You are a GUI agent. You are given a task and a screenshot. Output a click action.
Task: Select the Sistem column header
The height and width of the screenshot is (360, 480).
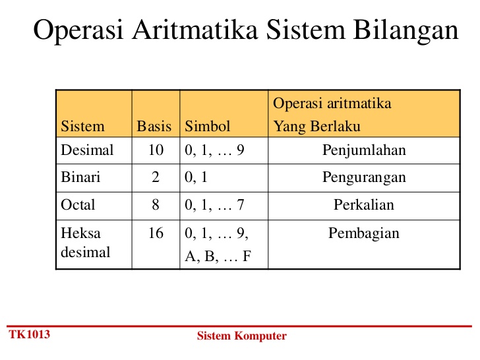click(82, 126)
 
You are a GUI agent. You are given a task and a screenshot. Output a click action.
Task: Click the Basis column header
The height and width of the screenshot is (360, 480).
click(154, 126)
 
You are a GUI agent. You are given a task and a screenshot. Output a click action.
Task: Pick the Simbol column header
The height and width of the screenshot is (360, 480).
click(208, 126)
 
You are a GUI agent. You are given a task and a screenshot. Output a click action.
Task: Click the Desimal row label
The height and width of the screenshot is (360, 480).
click(87, 150)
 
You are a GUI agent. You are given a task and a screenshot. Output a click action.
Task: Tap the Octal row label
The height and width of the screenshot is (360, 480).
click(78, 205)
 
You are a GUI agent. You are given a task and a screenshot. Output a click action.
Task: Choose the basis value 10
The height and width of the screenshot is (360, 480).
click(156, 150)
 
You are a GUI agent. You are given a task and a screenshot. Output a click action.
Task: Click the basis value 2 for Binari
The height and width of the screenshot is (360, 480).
click(156, 177)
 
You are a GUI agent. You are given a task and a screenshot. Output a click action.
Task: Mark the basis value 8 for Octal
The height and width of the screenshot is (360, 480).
click(156, 205)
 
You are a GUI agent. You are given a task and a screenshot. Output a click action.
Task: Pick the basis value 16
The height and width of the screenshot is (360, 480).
click(156, 233)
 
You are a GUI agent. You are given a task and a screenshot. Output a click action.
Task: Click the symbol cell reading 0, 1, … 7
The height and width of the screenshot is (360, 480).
click(215, 205)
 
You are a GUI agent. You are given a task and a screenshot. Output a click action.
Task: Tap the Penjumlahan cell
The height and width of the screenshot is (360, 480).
click(364, 150)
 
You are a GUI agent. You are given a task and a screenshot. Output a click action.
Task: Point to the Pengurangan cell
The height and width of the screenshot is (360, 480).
click(364, 177)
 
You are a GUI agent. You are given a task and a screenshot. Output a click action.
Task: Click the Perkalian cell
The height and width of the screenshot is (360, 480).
click(364, 205)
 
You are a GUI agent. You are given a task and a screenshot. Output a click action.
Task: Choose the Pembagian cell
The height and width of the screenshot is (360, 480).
click(364, 233)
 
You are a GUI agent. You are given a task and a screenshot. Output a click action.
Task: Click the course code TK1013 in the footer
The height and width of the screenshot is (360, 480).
click(29, 334)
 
